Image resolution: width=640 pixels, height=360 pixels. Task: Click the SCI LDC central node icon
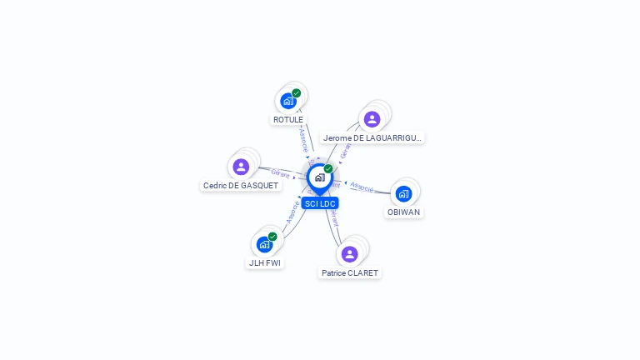[x=319, y=177]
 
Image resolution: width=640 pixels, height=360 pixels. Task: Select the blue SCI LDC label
[x=320, y=203]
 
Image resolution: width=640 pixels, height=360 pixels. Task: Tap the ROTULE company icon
[x=288, y=101]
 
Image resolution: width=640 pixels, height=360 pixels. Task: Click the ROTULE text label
[x=288, y=119]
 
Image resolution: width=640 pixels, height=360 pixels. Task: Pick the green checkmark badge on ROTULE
[x=297, y=93]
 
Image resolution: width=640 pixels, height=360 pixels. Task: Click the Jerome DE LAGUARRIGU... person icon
[x=372, y=119]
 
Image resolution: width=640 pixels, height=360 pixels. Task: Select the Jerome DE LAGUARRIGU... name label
[x=373, y=137]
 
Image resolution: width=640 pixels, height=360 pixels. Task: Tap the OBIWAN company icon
[x=404, y=194]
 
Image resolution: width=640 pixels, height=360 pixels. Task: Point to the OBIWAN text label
[x=404, y=212]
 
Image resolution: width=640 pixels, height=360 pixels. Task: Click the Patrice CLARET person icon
[x=349, y=254]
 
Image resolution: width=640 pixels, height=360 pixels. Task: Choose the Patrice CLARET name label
[x=350, y=272]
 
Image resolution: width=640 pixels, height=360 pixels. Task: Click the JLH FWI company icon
[x=264, y=244]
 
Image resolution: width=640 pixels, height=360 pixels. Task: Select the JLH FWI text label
[x=264, y=262]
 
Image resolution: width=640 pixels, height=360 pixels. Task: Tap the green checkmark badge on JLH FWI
[x=272, y=237]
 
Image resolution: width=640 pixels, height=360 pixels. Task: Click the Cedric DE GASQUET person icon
[x=241, y=167]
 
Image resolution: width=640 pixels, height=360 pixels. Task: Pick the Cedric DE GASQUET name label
[x=241, y=185]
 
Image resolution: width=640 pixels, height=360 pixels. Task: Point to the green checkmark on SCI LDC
[x=328, y=169]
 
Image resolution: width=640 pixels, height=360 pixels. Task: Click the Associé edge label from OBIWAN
[x=362, y=187]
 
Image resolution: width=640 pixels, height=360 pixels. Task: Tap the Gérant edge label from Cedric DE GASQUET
[x=280, y=173]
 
